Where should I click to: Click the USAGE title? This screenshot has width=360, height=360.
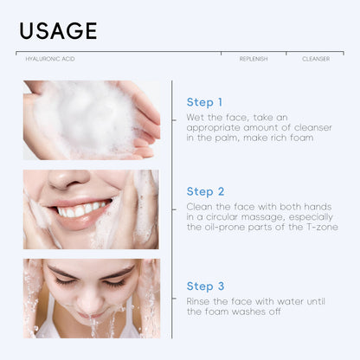(x=58, y=30)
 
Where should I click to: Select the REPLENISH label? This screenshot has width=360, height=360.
(x=254, y=59)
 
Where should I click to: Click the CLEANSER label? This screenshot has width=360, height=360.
(x=314, y=59)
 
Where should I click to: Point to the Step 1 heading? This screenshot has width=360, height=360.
(x=204, y=102)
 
